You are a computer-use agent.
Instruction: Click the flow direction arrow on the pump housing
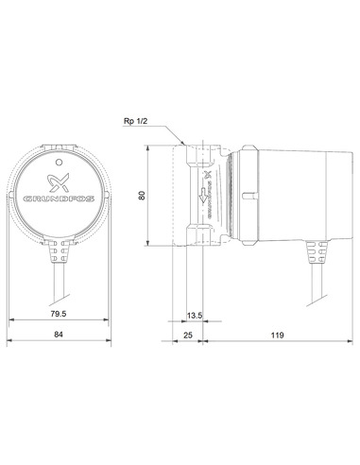coord(202,198)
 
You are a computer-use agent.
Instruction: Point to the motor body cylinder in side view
coord(283,194)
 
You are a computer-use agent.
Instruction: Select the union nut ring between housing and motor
coord(240,194)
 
